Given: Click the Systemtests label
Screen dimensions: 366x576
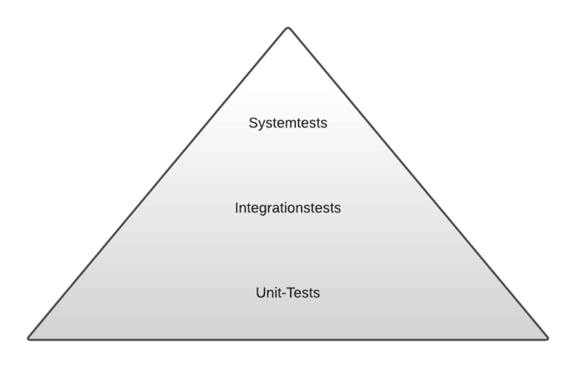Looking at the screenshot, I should point(288,123).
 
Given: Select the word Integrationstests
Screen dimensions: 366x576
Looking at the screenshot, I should point(288,208).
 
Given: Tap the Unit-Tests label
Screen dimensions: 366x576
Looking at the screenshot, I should point(288,293).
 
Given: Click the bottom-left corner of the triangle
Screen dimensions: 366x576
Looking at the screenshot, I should point(29,338).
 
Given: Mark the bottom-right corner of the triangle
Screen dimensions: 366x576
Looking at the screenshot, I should point(547,338).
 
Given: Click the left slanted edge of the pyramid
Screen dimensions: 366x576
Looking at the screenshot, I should point(157,183).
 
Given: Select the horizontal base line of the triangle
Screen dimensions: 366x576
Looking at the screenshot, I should point(288,339).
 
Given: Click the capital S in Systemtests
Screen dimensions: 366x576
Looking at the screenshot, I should point(252,123).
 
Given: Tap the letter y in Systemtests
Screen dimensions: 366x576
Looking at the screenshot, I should point(260,125).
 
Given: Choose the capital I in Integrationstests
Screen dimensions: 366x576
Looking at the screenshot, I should point(237,208).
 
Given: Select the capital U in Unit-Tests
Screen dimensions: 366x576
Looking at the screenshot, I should point(261,293).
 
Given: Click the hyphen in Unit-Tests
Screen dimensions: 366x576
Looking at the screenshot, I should point(284,294).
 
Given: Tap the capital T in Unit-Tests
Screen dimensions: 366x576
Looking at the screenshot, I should point(291,293).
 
